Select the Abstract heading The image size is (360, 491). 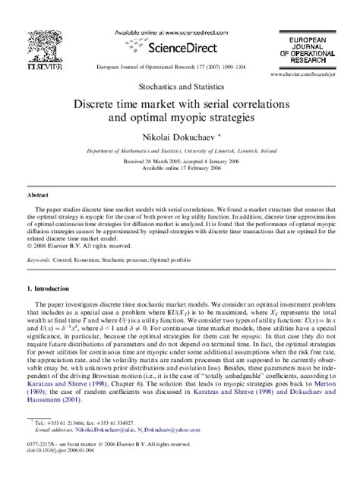(x=39, y=194)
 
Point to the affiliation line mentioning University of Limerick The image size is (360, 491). (x=179, y=152)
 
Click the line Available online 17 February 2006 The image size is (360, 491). (x=179, y=167)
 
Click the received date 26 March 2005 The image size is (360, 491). (x=148, y=160)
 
